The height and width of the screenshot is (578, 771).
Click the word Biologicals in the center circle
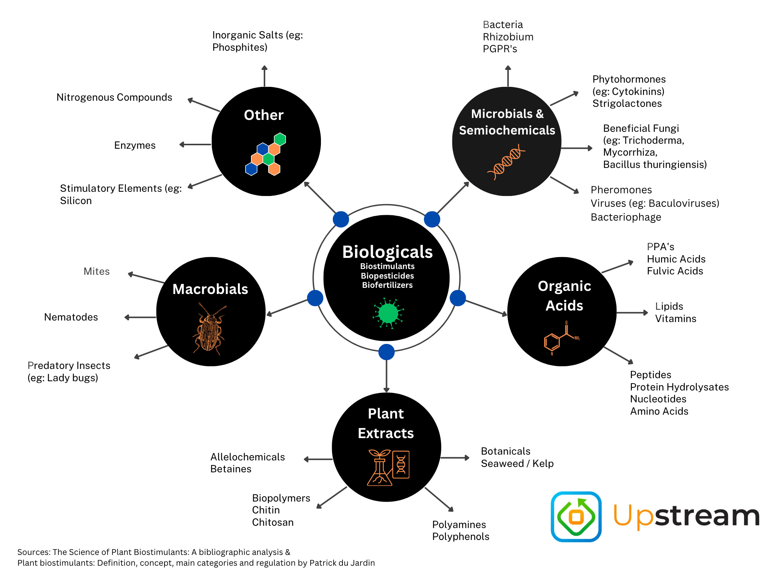387,252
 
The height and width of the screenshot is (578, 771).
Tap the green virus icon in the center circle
388,313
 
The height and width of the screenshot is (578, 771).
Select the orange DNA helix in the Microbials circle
506,162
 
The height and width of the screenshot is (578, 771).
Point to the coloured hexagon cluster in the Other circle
266,154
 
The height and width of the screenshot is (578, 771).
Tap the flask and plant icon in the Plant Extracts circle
388,467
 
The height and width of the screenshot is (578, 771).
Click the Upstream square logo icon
576,517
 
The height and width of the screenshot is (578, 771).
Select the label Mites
96,271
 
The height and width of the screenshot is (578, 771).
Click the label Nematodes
71,317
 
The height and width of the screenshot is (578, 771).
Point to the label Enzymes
135,145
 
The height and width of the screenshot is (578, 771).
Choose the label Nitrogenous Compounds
114,97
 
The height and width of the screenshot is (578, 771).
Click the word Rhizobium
508,37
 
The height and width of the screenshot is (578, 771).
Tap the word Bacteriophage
626,217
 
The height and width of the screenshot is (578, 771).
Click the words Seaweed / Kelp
517,463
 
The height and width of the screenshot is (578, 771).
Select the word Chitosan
273,522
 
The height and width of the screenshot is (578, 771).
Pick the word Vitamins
675,319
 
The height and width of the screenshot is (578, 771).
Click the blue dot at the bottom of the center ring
386,352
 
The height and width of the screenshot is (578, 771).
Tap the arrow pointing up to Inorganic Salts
264,76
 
